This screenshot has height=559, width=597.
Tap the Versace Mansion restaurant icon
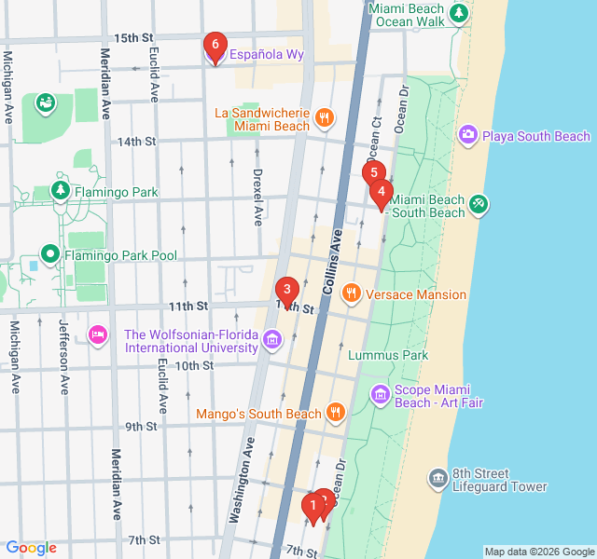coord(352,294)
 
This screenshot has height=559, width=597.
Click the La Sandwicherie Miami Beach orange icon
coord(324,117)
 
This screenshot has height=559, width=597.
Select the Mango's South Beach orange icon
coord(336,413)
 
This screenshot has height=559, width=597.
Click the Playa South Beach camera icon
coord(468,136)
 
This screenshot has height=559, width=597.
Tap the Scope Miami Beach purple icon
coord(380,396)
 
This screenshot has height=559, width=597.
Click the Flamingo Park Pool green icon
coord(49,254)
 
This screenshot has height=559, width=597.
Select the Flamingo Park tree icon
coord(61,192)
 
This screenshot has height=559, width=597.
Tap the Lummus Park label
coord(387,355)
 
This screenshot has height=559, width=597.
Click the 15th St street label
coord(133,38)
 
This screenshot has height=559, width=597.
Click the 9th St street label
coord(141,427)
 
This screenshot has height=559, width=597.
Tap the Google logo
coord(31,548)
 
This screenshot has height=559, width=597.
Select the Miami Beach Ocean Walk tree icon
coord(458,13)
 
